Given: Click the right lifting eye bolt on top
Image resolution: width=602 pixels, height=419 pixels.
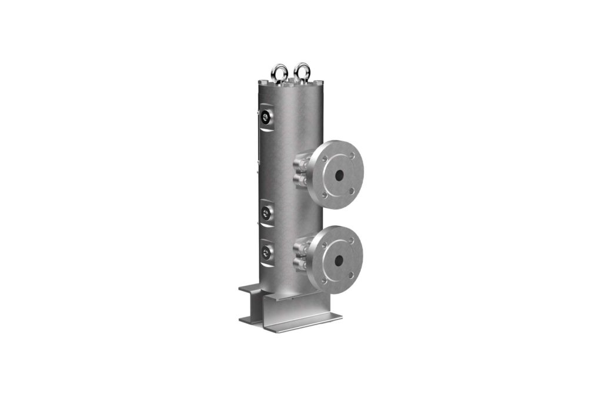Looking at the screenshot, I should click(x=302, y=72).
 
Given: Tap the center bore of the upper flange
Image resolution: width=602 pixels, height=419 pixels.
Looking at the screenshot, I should click(x=339, y=174).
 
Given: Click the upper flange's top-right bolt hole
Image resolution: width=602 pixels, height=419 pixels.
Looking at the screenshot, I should click(x=352, y=156).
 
